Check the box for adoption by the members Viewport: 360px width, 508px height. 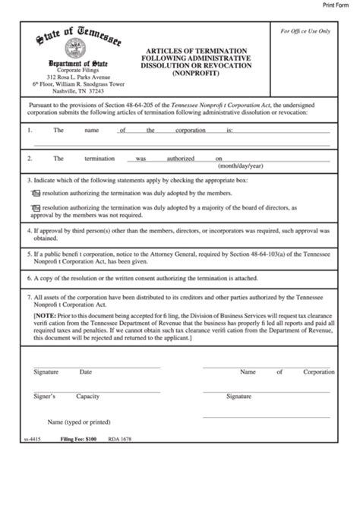coord(35,194)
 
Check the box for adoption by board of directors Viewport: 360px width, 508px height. coord(35,206)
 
